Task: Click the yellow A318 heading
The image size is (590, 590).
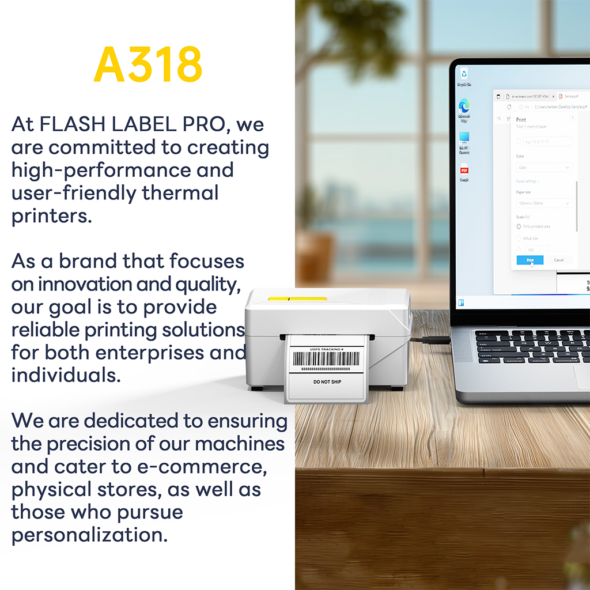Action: (147, 64)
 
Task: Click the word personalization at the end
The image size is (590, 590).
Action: (89, 535)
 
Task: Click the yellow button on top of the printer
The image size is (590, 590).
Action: (297, 299)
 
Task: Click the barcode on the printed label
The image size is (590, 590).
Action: (326, 359)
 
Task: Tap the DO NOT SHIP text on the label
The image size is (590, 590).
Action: (327, 382)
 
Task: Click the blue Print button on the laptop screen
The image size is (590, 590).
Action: (530, 260)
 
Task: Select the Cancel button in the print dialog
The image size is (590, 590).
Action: (558, 260)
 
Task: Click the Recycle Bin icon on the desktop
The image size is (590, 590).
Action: (464, 75)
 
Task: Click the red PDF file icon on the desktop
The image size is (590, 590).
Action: (464, 171)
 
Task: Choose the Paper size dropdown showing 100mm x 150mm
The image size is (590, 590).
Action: (544, 203)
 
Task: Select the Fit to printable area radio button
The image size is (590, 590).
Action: (519, 226)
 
